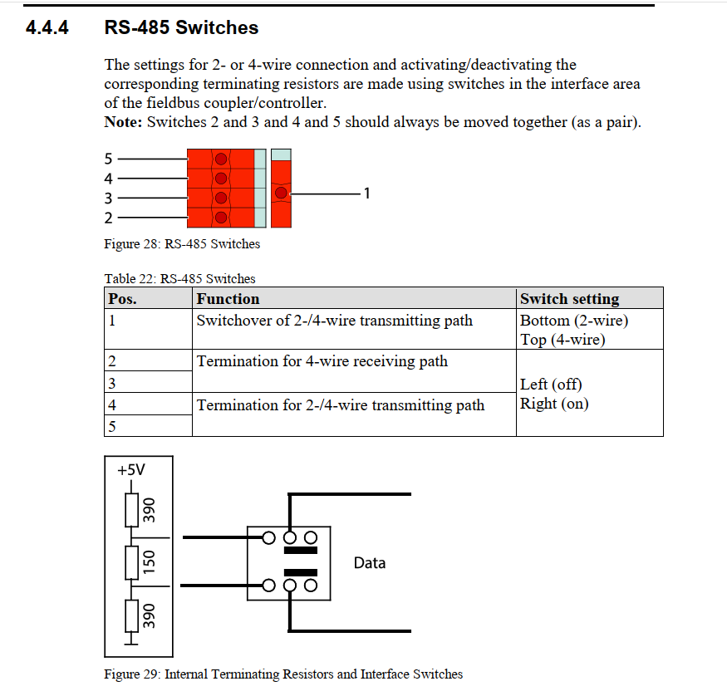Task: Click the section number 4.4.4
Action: tap(47, 28)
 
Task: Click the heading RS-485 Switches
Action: tap(181, 28)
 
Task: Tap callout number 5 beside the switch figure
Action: tap(108, 159)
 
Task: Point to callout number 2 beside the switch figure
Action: tap(108, 218)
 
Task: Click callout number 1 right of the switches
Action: tap(367, 194)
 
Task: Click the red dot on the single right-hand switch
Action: tap(281, 193)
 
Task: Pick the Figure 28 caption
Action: tap(182, 244)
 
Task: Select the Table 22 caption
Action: tap(179, 279)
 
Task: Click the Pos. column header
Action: tap(123, 299)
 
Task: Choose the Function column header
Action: tap(228, 299)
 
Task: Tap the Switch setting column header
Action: tap(569, 299)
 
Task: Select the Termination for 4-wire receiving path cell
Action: tap(322, 361)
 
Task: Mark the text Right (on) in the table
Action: tap(553, 404)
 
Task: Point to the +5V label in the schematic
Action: tap(131, 470)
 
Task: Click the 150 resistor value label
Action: tap(150, 562)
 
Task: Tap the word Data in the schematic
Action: tap(370, 563)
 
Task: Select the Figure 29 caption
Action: tap(283, 674)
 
